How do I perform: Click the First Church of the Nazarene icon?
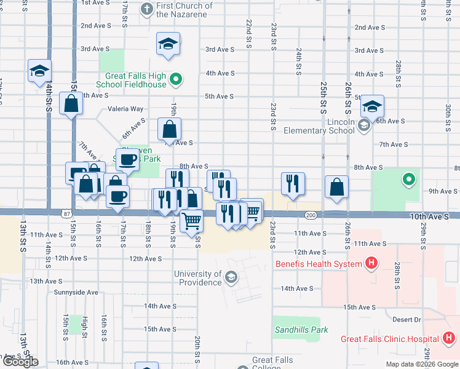click(146, 9)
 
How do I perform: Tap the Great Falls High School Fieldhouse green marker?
click(176, 79)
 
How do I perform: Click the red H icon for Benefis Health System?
click(371, 264)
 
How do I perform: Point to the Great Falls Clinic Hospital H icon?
click(449, 338)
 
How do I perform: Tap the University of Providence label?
click(198, 278)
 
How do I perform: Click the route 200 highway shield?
click(311, 215)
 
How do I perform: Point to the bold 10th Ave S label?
click(434, 216)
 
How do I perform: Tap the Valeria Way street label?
click(125, 109)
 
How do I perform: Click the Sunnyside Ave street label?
click(76, 292)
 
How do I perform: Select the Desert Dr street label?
click(408, 319)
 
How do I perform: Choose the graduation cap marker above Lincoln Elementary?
click(372, 106)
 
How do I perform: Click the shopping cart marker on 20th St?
click(192, 220)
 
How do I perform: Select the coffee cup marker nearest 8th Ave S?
click(128, 160)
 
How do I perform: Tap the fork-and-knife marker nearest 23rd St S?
click(293, 183)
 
